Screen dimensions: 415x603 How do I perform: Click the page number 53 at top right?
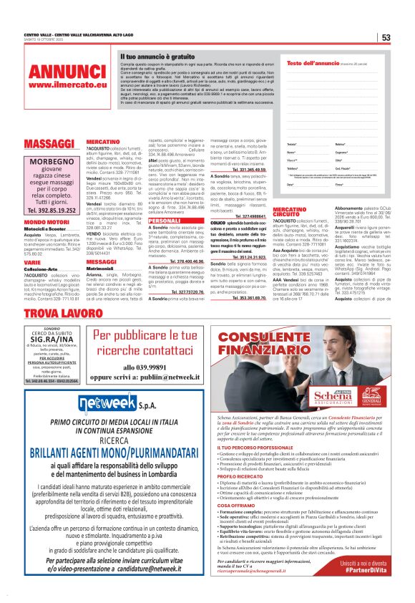tap(386, 38)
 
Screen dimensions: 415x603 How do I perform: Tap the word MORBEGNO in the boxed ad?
tap(52, 163)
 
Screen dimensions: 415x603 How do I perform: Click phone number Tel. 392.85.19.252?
tap(52, 211)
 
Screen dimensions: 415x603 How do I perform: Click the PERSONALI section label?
tap(164, 221)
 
